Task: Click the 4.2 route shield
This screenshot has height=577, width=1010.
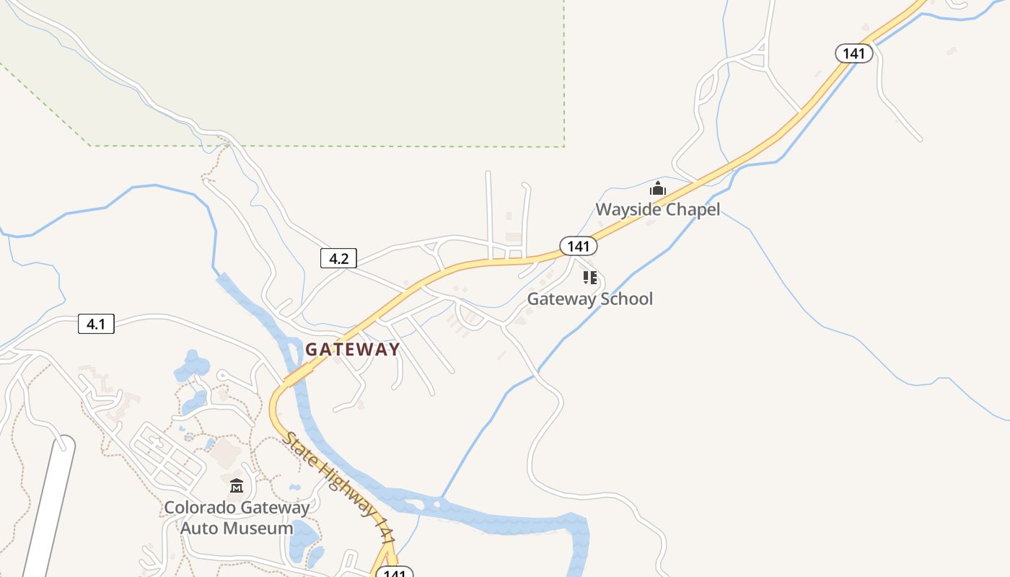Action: (338, 258)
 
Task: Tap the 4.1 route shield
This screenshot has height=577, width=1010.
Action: (96, 324)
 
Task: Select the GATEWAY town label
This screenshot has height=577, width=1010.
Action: (352, 349)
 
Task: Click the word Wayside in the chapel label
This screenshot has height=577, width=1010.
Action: (625, 210)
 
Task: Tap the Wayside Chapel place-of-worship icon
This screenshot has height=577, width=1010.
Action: (657, 189)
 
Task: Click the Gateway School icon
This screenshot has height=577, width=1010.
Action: (590, 278)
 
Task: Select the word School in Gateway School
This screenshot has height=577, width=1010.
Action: (623, 299)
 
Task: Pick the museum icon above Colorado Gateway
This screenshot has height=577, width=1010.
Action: (237, 485)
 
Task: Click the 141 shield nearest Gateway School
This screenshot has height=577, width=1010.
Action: (578, 246)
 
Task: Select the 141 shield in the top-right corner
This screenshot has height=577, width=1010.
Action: (854, 53)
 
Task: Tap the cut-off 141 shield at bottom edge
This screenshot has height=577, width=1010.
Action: (394, 573)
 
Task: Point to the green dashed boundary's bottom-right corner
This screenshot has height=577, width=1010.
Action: (564, 146)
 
